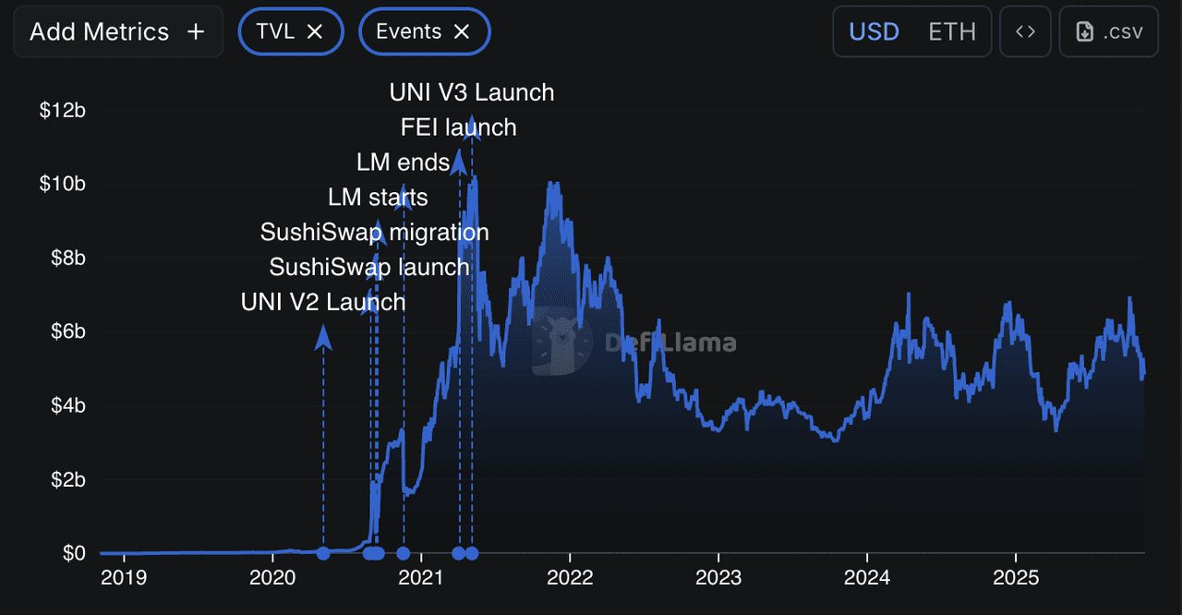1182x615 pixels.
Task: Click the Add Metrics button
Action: tap(117, 31)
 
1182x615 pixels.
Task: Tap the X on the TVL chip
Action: tap(314, 31)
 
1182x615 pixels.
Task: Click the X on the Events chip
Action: tap(462, 31)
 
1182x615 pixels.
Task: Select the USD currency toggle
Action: tap(874, 31)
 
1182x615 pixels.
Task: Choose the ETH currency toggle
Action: tap(952, 31)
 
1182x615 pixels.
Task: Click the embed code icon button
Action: tap(1025, 31)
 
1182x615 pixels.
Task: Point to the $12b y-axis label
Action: tap(62, 111)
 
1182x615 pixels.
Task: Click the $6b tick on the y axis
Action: tap(67, 332)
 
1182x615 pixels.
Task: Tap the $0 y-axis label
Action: tap(74, 553)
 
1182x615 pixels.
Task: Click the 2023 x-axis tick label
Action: tap(718, 578)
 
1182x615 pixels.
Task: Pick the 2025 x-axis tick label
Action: tap(1016, 578)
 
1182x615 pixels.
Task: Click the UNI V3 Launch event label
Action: tap(472, 92)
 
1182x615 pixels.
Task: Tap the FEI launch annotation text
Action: tap(458, 127)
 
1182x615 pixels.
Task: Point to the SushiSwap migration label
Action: tap(374, 232)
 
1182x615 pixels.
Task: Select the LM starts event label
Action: tap(378, 197)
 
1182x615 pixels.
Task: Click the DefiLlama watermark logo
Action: tap(561, 344)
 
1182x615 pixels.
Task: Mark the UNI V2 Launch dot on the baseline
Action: tap(323, 553)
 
